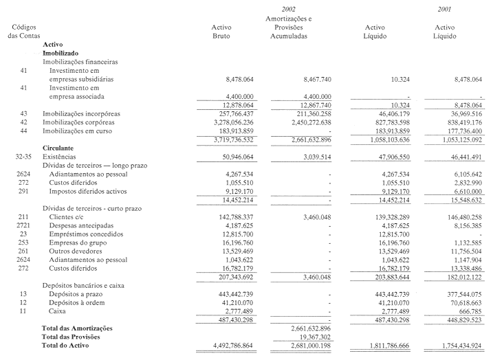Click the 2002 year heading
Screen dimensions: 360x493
pyautogui.click(x=288, y=8)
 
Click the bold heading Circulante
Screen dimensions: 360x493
pyautogui.click(x=58, y=148)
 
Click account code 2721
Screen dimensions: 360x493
pyautogui.click(x=23, y=225)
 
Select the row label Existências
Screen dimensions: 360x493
pyautogui.click(x=64, y=157)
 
